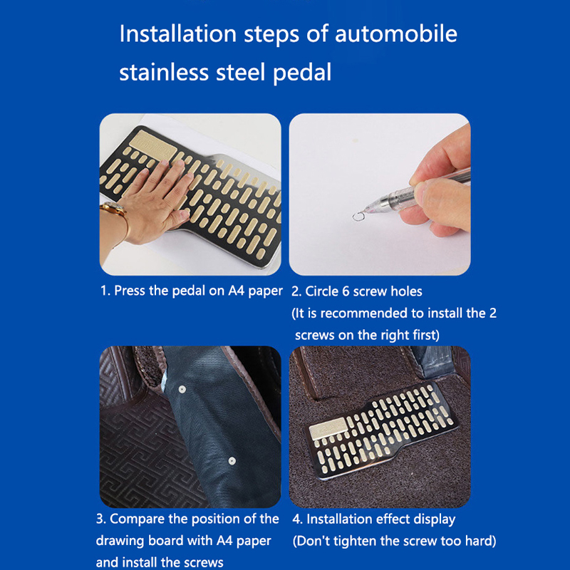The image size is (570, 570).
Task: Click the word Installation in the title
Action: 178,33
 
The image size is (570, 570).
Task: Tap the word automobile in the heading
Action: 396,33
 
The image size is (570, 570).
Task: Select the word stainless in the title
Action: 164,72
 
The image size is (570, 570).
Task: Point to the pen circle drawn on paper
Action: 358,217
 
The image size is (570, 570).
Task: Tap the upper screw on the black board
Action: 182,390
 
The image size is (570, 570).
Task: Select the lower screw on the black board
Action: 232,461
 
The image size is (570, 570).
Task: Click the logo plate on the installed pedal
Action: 328,428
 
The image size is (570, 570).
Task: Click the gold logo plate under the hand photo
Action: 153,145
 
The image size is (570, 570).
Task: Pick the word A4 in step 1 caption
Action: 236,291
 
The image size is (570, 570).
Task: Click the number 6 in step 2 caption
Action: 346,291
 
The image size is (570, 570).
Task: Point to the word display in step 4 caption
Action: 433,519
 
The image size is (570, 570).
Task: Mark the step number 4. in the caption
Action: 297,519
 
